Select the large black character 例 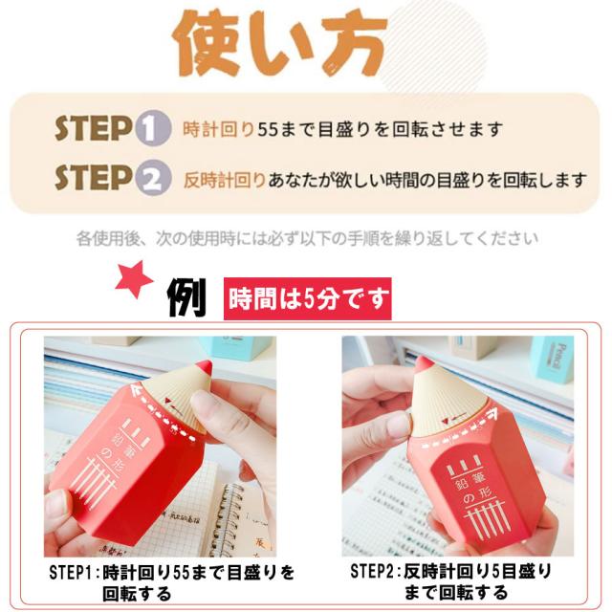click(x=186, y=297)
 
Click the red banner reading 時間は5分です click(x=308, y=299)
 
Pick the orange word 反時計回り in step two click(x=226, y=178)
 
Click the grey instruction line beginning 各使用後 click(x=306, y=237)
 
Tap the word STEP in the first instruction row click(x=92, y=129)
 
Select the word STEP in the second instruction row click(x=92, y=178)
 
